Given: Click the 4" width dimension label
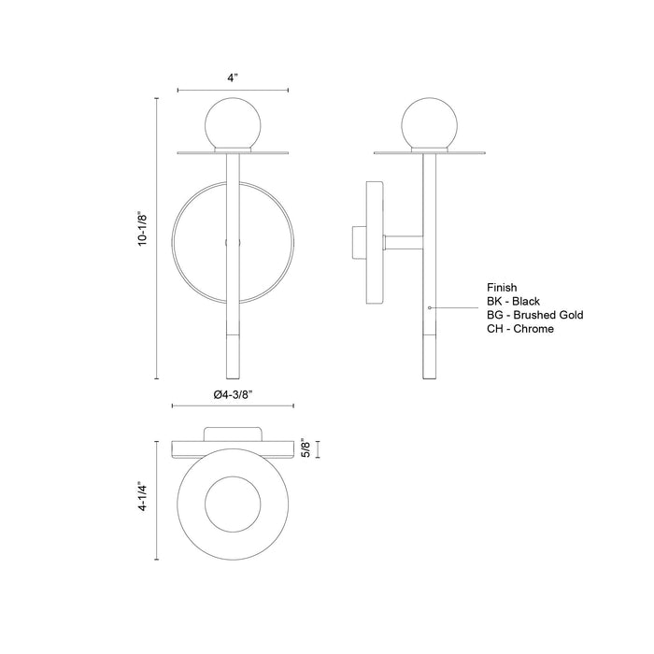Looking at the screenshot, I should click(233, 78).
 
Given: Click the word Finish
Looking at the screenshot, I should click(503, 288).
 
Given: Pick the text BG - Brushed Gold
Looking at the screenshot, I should click(534, 316).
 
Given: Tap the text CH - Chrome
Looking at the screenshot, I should click(520, 330).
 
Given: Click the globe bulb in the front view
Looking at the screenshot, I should click(232, 121).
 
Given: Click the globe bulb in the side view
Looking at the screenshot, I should click(430, 121).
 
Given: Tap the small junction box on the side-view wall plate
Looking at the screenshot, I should click(359, 243).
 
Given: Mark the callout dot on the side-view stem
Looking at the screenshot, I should click(428, 306).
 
